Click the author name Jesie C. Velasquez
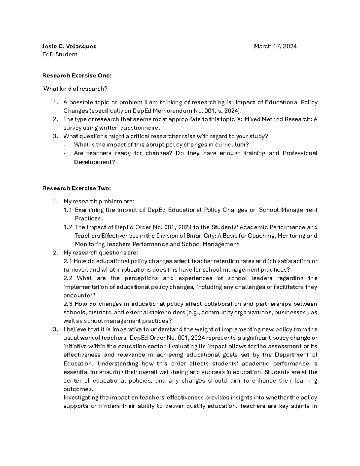coord(69,46)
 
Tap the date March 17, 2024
coord(275,46)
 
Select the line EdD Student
coord(60,54)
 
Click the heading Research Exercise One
coord(77,76)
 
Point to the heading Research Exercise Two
coord(77,188)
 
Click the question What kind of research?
coord(75,89)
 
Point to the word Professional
coord(300,153)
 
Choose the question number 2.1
coord(67,261)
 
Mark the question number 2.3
coord(67,304)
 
